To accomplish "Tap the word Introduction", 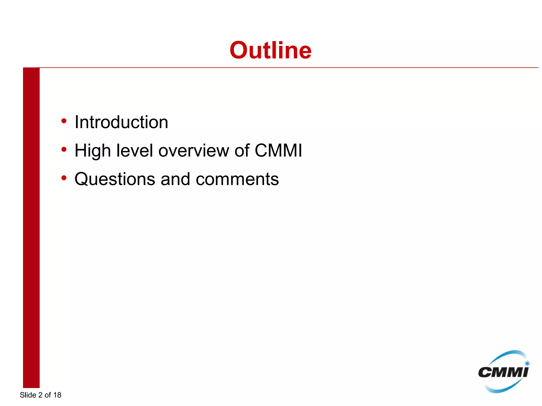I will click(x=121, y=122).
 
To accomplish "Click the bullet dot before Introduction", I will click(x=64, y=121).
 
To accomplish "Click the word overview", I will click(x=193, y=151).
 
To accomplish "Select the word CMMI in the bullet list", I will click(x=278, y=151).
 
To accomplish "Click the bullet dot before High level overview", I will click(x=64, y=150).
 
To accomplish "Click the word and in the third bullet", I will click(x=175, y=179).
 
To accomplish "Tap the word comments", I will click(x=237, y=179).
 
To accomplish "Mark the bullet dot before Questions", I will click(x=64, y=178).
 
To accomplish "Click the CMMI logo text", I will click(x=503, y=372).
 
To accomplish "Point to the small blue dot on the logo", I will click(x=527, y=363).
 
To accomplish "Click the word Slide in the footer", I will click(x=28, y=395).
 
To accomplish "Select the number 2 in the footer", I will click(x=40, y=395).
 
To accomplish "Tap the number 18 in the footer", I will click(x=57, y=395).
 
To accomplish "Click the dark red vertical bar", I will click(x=31, y=227).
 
